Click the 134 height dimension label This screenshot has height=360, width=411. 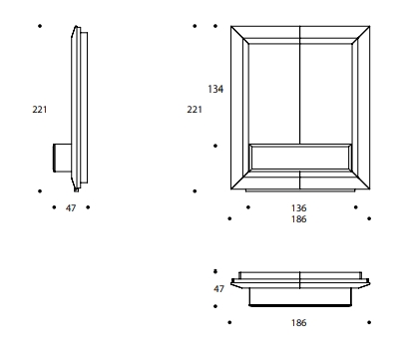[x=215, y=89]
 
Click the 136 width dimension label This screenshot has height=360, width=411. [x=298, y=208]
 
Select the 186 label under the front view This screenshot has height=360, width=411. [x=298, y=219]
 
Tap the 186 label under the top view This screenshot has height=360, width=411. [x=298, y=323]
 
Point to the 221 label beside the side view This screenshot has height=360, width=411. [x=40, y=110]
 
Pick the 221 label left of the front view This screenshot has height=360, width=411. [x=195, y=110]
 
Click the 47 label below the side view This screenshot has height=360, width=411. [x=71, y=208]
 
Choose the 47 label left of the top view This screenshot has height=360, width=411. [x=218, y=289]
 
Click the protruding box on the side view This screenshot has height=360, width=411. [x=63, y=158]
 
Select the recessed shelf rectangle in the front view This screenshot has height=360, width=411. [x=300, y=158]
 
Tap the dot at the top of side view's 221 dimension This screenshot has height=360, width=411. [x=40, y=26]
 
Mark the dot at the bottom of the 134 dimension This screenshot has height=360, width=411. [x=215, y=146]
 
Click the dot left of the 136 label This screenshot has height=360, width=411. [x=248, y=207]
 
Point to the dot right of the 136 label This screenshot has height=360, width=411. [x=356, y=207]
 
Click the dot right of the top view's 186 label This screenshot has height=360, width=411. [x=369, y=322]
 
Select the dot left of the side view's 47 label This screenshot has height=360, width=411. [x=54, y=207]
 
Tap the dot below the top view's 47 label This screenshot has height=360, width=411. [x=215, y=306]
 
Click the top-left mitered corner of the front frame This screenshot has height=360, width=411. [x=231, y=26]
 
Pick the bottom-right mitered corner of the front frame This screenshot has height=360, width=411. [x=370, y=189]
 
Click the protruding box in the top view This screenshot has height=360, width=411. [x=300, y=297]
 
